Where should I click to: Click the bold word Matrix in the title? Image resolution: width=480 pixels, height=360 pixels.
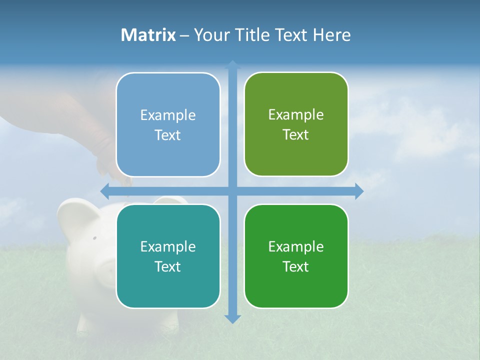tap(148, 35)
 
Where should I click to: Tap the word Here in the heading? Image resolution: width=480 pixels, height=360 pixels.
tap(331, 35)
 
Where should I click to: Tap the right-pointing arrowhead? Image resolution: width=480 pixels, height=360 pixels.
tap(359, 191)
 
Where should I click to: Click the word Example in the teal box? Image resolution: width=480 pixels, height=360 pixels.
tap(168, 246)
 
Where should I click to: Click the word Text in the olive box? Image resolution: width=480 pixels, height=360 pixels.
tap(295, 135)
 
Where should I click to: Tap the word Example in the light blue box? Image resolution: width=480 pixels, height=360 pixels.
tap(168, 115)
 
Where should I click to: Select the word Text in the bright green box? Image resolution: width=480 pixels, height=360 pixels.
tap(295, 267)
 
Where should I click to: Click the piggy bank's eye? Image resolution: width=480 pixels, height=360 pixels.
tap(94, 238)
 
